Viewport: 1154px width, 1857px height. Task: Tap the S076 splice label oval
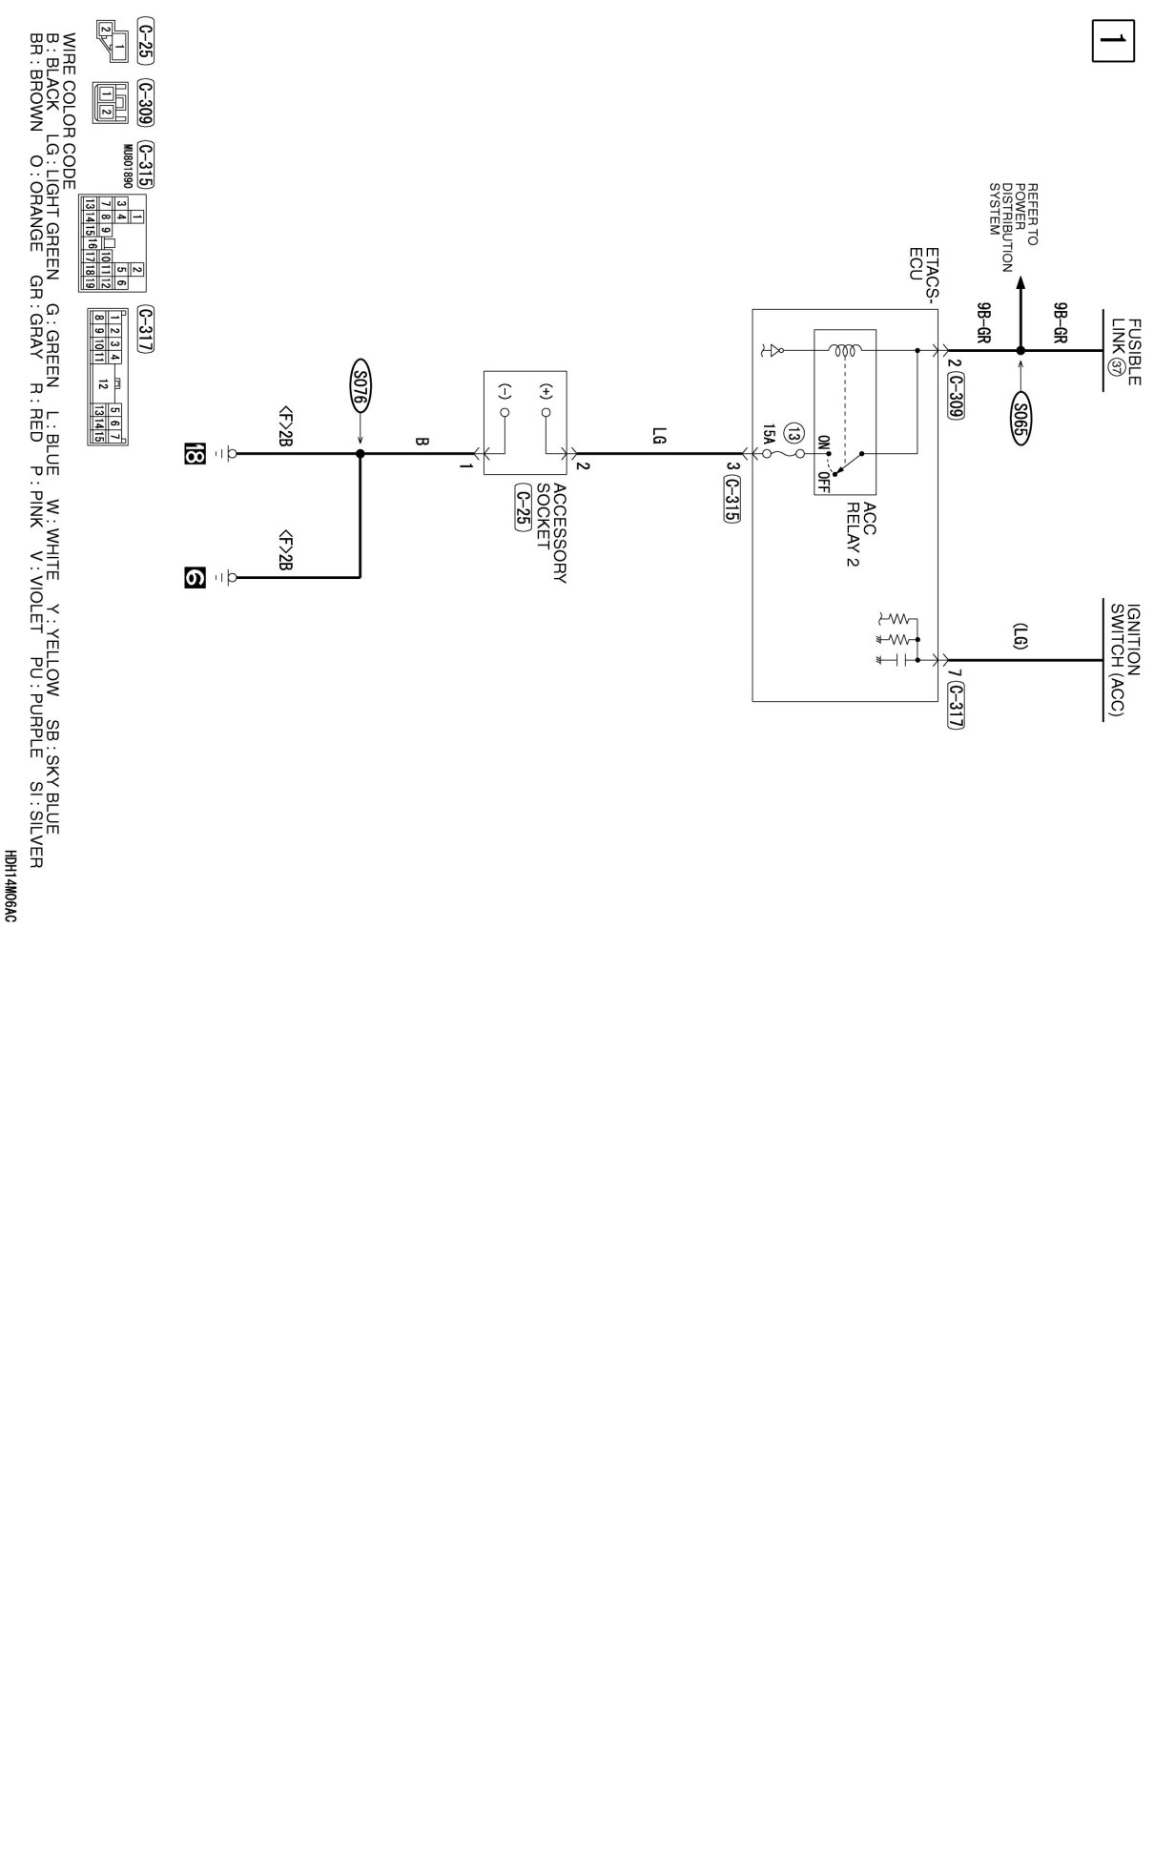pyautogui.click(x=360, y=384)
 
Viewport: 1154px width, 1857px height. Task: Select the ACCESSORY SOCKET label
pyautogui.click(x=551, y=533)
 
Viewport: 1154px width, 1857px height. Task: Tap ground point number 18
pyautogui.click(x=195, y=454)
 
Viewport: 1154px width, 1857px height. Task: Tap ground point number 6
pyautogui.click(x=195, y=576)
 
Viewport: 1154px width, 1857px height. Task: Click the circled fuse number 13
pyautogui.click(x=792, y=435)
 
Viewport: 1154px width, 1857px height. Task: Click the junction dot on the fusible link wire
pyautogui.click(x=1020, y=351)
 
